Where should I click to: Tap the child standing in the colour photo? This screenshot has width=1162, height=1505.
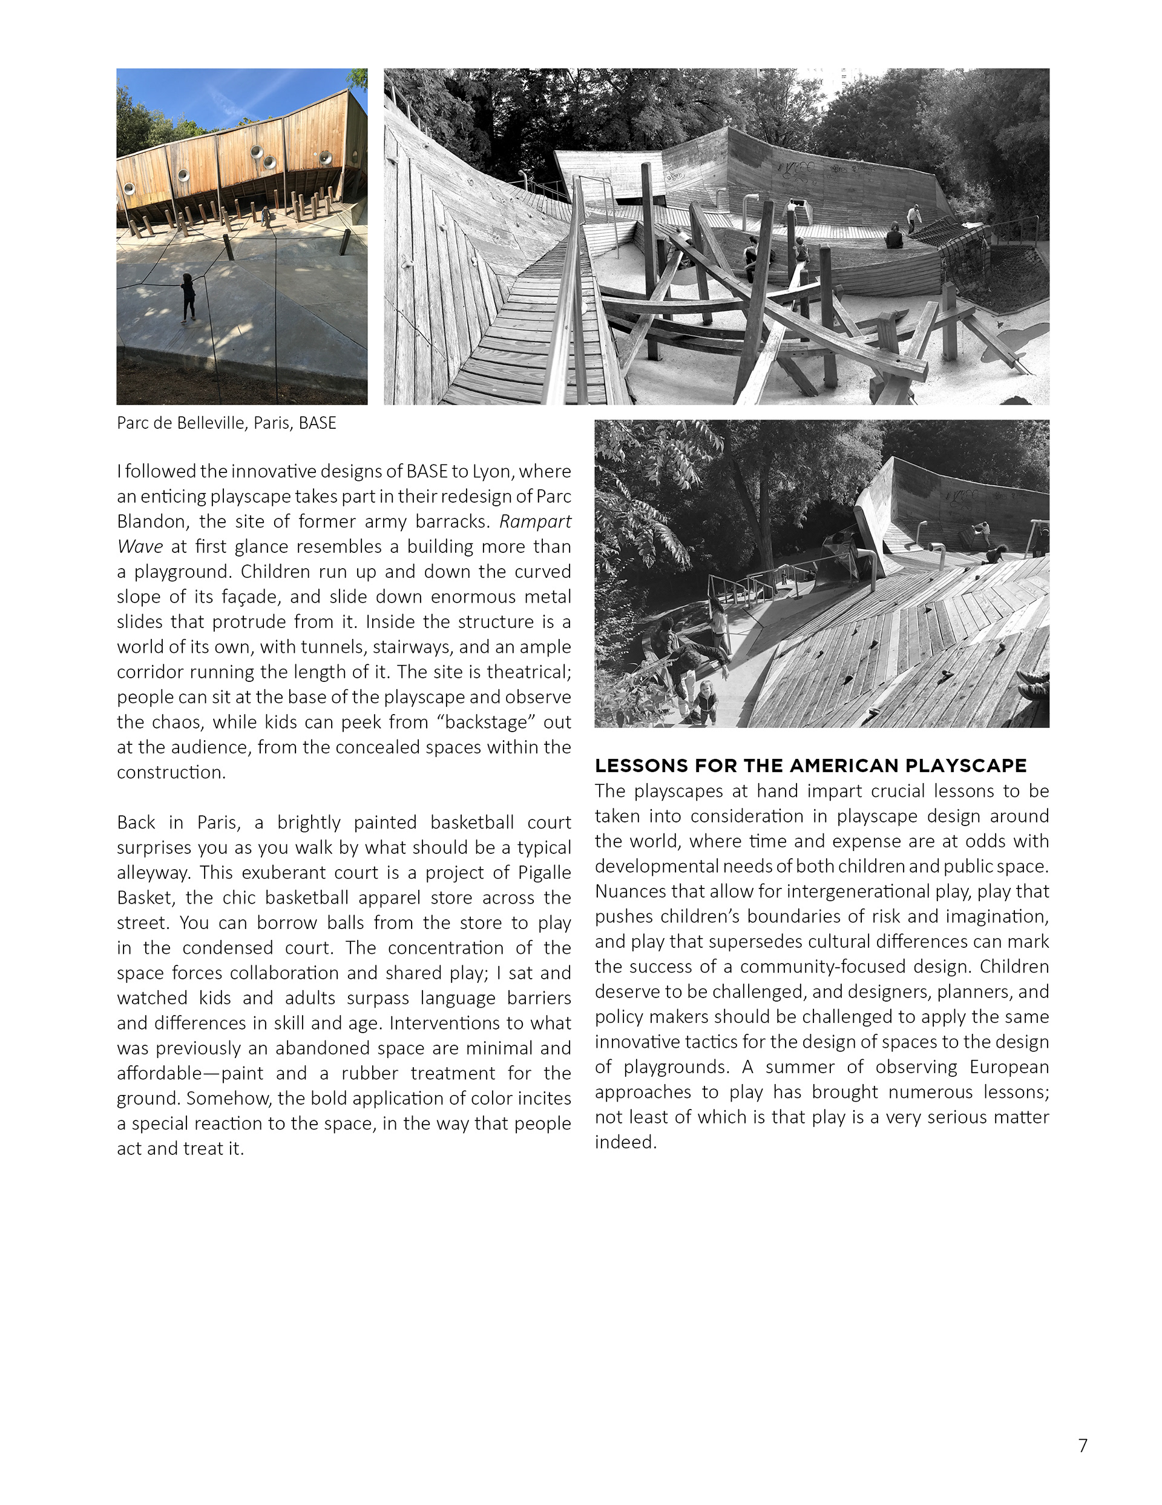(x=188, y=297)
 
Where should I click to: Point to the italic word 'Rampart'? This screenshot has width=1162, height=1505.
(x=535, y=521)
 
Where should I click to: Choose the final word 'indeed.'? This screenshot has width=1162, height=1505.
(x=625, y=1142)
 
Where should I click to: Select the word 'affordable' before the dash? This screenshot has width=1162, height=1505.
(x=156, y=1074)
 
